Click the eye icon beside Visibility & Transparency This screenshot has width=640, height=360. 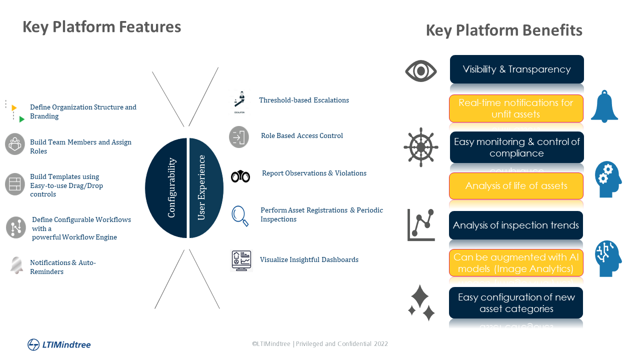pyautogui.click(x=420, y=71)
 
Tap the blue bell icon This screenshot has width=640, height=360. pyautogui.click(x=604, y=106)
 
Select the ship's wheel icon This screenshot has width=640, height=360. pyautogui.click(x=421, y=147)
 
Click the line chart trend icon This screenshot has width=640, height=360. pyautogui.click(x=421, y=225)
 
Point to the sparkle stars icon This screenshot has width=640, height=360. pyautogui.click(x=421, y=303)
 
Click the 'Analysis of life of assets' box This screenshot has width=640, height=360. pyautogui.click(x=516, y=186)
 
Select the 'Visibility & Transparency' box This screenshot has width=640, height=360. pyautogui.click(x=516, y=69)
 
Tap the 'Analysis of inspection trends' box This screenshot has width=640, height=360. pyautogui.click(x=515, y=225)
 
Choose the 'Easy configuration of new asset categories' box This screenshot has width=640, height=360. pyautogui.click(x=515, y=303)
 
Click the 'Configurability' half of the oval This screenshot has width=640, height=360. pyautogui.click(x=166, y=188)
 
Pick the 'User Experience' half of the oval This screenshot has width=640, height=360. pyautogui.click(x=206, y=188)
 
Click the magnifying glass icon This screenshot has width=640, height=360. pyautogui.click(x=239, y=215)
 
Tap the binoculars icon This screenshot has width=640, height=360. pyautogui.click(x=240, y=176)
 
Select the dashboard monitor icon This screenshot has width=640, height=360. pyautogui.click(x=241, y=260)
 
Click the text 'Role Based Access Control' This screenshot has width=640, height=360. pyautogui.click(x=302, y=135)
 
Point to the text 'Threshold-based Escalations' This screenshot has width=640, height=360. pyautogui.click(x=304, y=100)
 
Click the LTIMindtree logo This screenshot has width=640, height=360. pyautogui.click(x=59, y=344)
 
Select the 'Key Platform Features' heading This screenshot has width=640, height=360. pyautogui.click(x=101, y=27)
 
